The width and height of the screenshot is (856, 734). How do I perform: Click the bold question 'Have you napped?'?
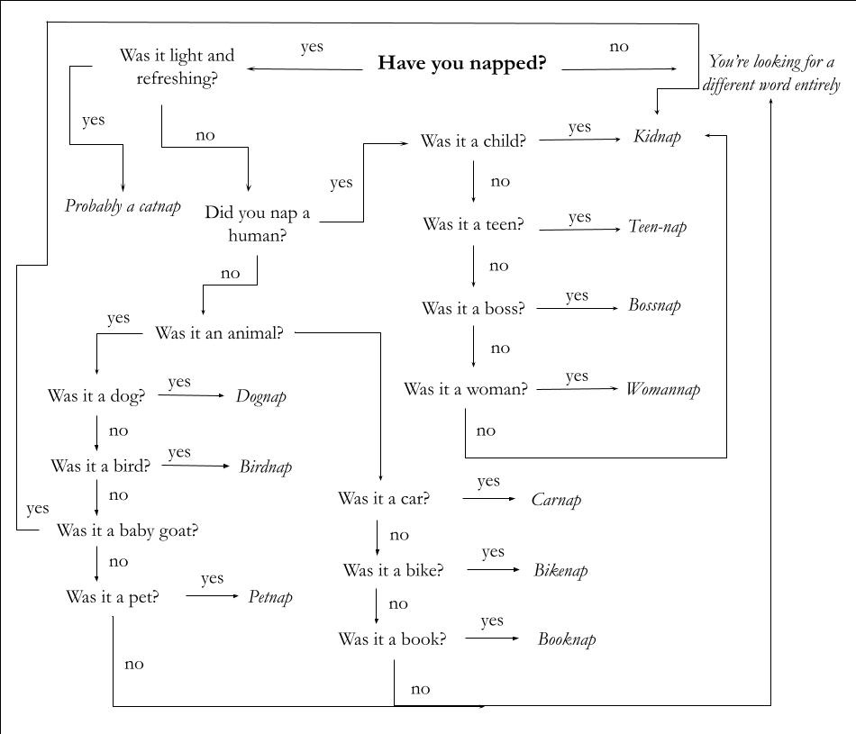(x=461, y=64)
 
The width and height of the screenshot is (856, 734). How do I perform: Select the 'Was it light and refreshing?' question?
(x=177, y=67)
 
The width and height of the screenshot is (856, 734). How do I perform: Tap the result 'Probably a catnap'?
(x=123, y=206)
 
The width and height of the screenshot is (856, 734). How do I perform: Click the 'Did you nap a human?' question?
(x=257, y=224)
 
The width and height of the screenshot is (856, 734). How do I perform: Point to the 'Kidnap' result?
(x=657, y=137)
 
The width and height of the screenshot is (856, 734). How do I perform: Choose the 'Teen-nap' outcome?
(x=657, y=227)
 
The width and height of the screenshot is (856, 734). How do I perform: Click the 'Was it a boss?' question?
(x=473, y=309)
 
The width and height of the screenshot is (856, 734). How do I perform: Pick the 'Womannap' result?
(x=662, y=390)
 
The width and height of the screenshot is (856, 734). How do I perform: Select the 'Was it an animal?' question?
(x=219, y=333)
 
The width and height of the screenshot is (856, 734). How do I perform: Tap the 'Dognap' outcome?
(x=261, y=396)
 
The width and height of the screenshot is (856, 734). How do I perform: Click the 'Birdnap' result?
(x=266, y=467)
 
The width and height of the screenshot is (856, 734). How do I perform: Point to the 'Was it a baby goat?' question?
(x=127, y=530)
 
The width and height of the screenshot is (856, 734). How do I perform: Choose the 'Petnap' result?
(x=270, y=597)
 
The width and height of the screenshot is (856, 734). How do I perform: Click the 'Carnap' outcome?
(x=556, y=500)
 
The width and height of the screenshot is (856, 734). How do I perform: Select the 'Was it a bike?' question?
(x=393, y=571)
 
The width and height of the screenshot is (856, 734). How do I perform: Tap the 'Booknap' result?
(x=567, y=640)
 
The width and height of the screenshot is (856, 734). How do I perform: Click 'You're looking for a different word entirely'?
(x=773, y=73)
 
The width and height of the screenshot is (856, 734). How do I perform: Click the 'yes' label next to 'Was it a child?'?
(x=579, y=127)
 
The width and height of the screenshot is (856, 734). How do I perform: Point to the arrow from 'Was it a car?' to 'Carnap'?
(x=489, y=499)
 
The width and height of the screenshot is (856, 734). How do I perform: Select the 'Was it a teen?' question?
(x=473, y=225)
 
